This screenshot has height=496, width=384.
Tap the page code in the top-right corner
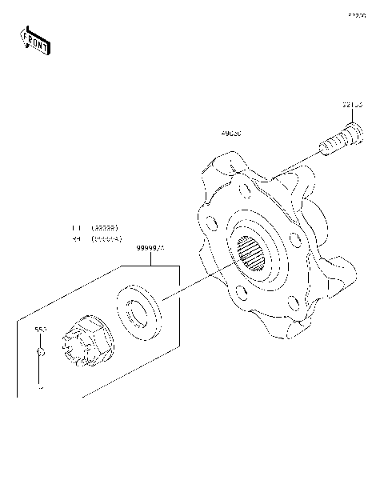(x=356, y=14)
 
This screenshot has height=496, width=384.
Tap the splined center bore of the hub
(x=254, y=256)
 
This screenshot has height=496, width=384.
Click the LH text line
(x=95, y=227)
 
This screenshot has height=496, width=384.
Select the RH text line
(x=95, y=238)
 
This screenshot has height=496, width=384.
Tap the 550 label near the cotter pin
(x=39, y=330)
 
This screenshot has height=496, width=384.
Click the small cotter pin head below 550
(x=39, y=351)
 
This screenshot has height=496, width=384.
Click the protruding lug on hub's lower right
(x=336, y=276)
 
